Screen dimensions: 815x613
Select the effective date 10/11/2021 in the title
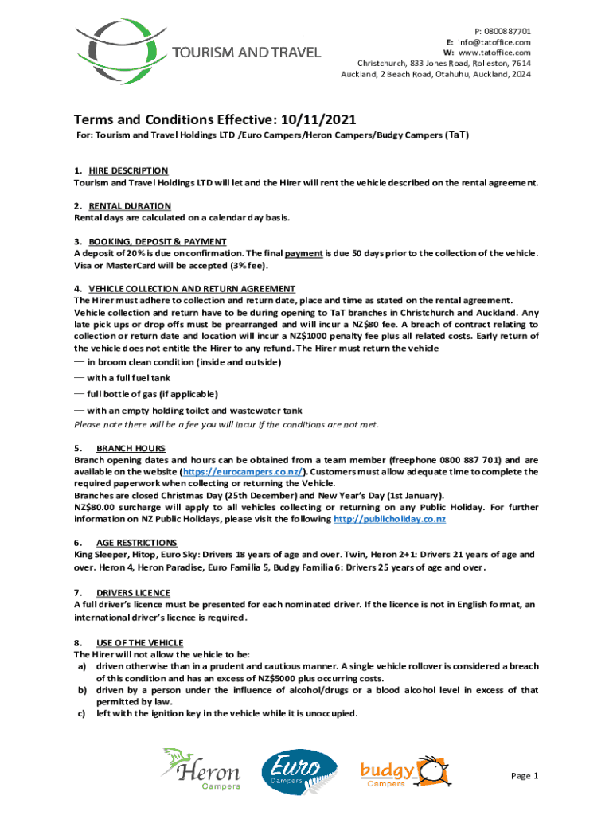pos(316,119)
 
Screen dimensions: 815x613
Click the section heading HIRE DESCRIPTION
pos(128,170)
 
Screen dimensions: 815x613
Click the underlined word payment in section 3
pos(303,253)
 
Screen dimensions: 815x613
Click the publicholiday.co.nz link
pos(389,519)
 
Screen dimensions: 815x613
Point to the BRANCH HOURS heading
pos(131,448)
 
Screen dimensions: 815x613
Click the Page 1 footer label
pos(525,776)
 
